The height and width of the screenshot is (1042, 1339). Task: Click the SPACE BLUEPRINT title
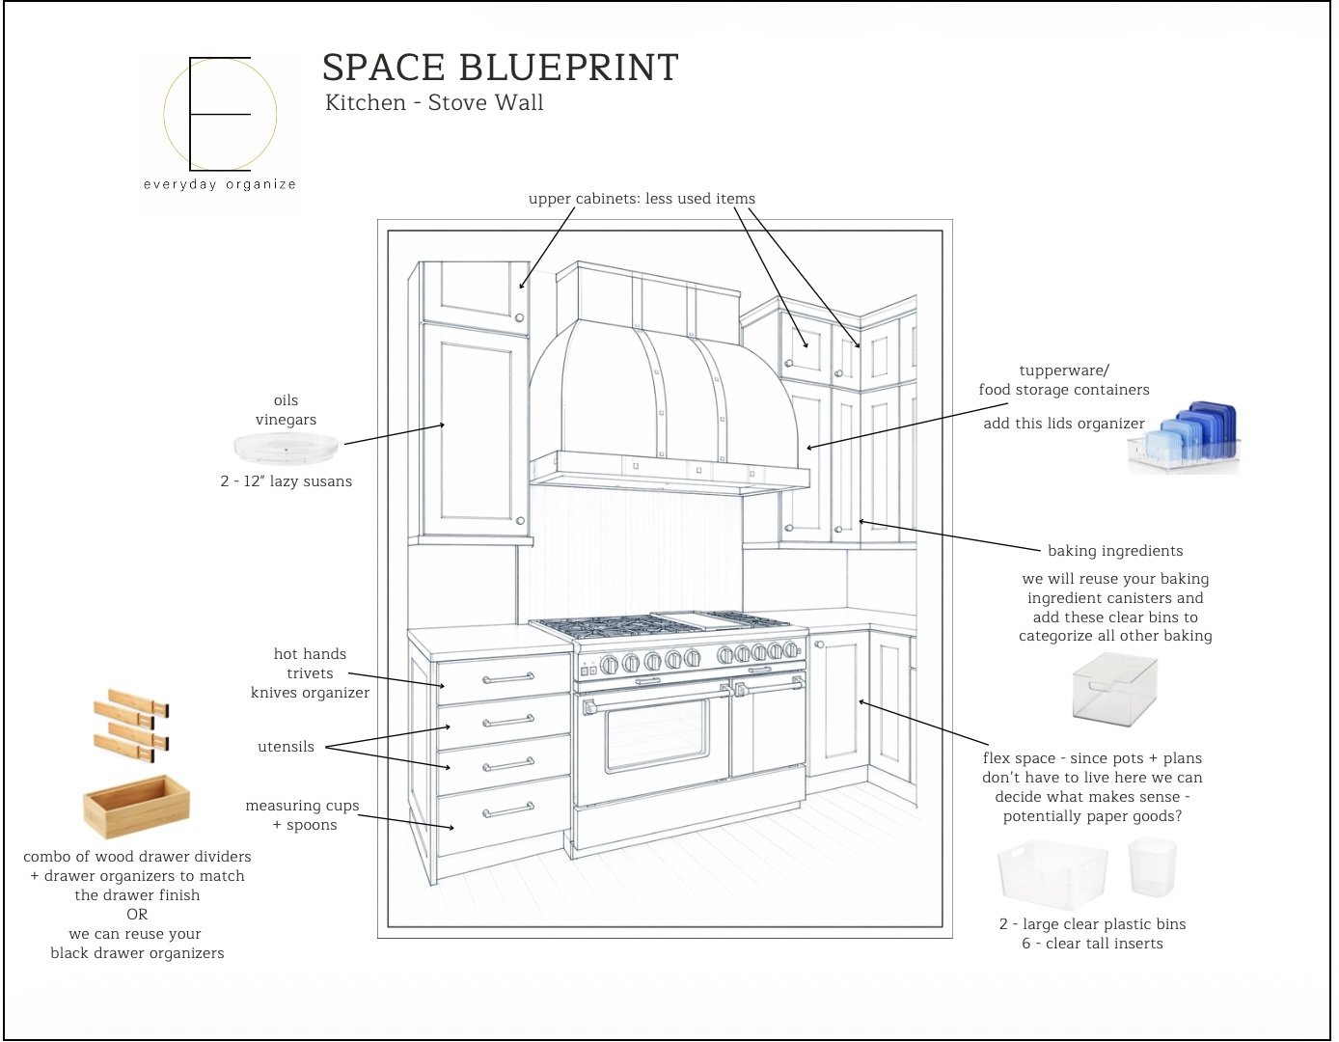pos(500,68)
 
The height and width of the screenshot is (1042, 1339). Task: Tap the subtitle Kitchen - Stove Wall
pos(434,102)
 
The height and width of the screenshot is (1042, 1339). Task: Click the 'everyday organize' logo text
pos(219,184)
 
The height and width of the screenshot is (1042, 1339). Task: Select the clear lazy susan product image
pos(286,447)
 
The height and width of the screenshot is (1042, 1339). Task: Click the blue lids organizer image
pos(1185,439)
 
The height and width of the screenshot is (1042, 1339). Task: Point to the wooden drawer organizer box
pos(136,806)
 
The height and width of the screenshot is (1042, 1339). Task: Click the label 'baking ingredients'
pos(1114,551)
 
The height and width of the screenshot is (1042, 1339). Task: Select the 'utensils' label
pos(286,747)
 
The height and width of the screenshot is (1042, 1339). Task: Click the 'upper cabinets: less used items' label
pos(642,199)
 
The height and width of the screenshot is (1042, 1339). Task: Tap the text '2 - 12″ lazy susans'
pos(286,481)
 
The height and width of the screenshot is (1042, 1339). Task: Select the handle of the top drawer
pos(507,678)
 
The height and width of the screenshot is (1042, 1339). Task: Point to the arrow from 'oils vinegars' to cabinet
pos(395,434)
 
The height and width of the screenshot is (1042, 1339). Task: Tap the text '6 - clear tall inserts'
pos(1092,944)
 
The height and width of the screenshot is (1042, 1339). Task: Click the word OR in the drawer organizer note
pos(137,915)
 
